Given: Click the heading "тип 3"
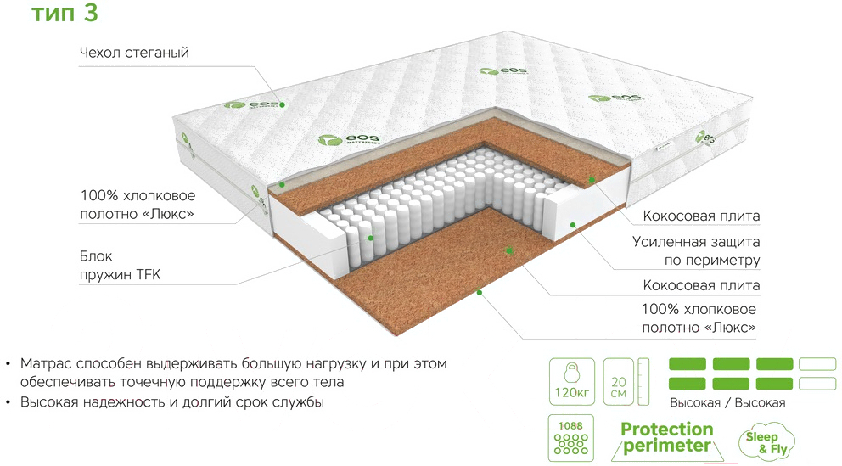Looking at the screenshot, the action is coord(65,13).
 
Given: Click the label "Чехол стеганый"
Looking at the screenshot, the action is coord(134,53).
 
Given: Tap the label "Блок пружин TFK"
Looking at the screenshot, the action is coord(121,265).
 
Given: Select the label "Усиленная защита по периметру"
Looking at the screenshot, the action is coord(696,250).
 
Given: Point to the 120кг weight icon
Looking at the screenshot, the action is coord(571,382).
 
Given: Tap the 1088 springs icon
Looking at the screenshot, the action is coord(571,437).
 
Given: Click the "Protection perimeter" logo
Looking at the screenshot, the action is coord(667,438).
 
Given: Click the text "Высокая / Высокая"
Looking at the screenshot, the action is coord(727,402).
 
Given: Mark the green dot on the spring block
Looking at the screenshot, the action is coord(371,238).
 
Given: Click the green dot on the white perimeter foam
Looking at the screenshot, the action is coord(573,225).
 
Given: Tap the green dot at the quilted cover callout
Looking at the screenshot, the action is coord(282,104).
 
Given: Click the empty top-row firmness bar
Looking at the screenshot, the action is coord(817,364).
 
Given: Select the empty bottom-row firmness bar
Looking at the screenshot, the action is coord(817,384).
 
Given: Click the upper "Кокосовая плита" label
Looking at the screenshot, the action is coord(701,216).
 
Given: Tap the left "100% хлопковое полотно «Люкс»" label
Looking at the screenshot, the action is coord(138,205).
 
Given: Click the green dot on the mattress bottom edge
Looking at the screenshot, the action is coord(480,293).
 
